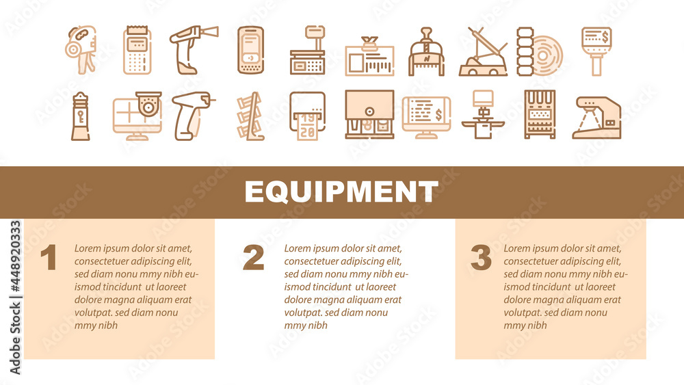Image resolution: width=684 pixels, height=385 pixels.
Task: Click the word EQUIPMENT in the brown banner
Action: tap(341, 191)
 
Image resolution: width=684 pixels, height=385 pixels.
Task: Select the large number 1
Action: tap(48, 258)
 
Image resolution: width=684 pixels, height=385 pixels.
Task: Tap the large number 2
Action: tap(253, 258)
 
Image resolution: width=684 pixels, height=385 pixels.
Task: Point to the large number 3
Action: tap(481, 258)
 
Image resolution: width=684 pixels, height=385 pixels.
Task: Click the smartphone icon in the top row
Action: tap(250, 50)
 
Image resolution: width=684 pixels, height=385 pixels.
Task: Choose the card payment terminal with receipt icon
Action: tap(137, 50)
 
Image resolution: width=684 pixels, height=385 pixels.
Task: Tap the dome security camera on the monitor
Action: tap(146, 103)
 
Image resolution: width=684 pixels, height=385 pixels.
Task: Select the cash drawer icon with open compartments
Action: tap(369, 115)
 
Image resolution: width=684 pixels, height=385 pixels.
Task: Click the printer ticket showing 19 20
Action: tap(307, 124)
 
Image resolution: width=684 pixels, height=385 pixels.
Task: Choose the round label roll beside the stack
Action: tap(549, 52)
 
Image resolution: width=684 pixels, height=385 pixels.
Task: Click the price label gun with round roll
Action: tap(79, 49)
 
